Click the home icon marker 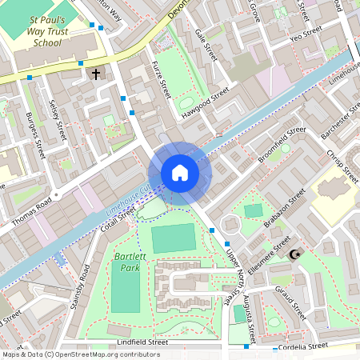pyautogui.click(x=179, y=173)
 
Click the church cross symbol pyautogui.click(x=97, y=74)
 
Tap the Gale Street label pyautogui.click(x=206, y=45)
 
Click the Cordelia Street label pyautogui.click(x=298, y=346)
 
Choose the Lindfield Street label pyautogui.click(x=142, y=342)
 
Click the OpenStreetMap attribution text pyautogui.click(x=80, y=354)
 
